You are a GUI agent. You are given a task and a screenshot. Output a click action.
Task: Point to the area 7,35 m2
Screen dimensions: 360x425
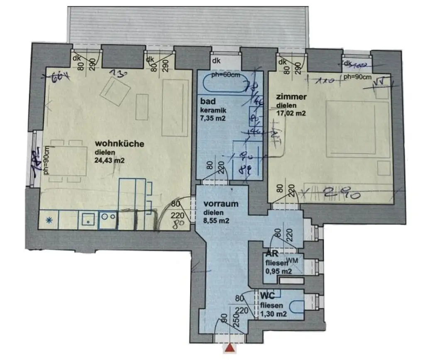tap(212, 118)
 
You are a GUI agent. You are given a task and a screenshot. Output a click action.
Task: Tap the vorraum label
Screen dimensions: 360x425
tap(221, 204)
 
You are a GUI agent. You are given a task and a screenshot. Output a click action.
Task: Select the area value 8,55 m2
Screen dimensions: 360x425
tap(216, 220)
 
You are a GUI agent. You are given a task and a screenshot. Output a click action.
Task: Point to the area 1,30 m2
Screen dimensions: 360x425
tap(274, 314)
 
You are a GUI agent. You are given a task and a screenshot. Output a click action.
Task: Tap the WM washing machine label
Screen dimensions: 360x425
tap(293, 260)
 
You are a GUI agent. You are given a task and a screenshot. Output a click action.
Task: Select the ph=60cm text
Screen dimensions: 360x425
tap(225, 75)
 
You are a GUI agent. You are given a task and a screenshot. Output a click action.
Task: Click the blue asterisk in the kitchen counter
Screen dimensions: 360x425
tap(49, 220)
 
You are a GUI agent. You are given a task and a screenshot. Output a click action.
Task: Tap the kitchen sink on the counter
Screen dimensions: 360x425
tap(88, 220)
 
